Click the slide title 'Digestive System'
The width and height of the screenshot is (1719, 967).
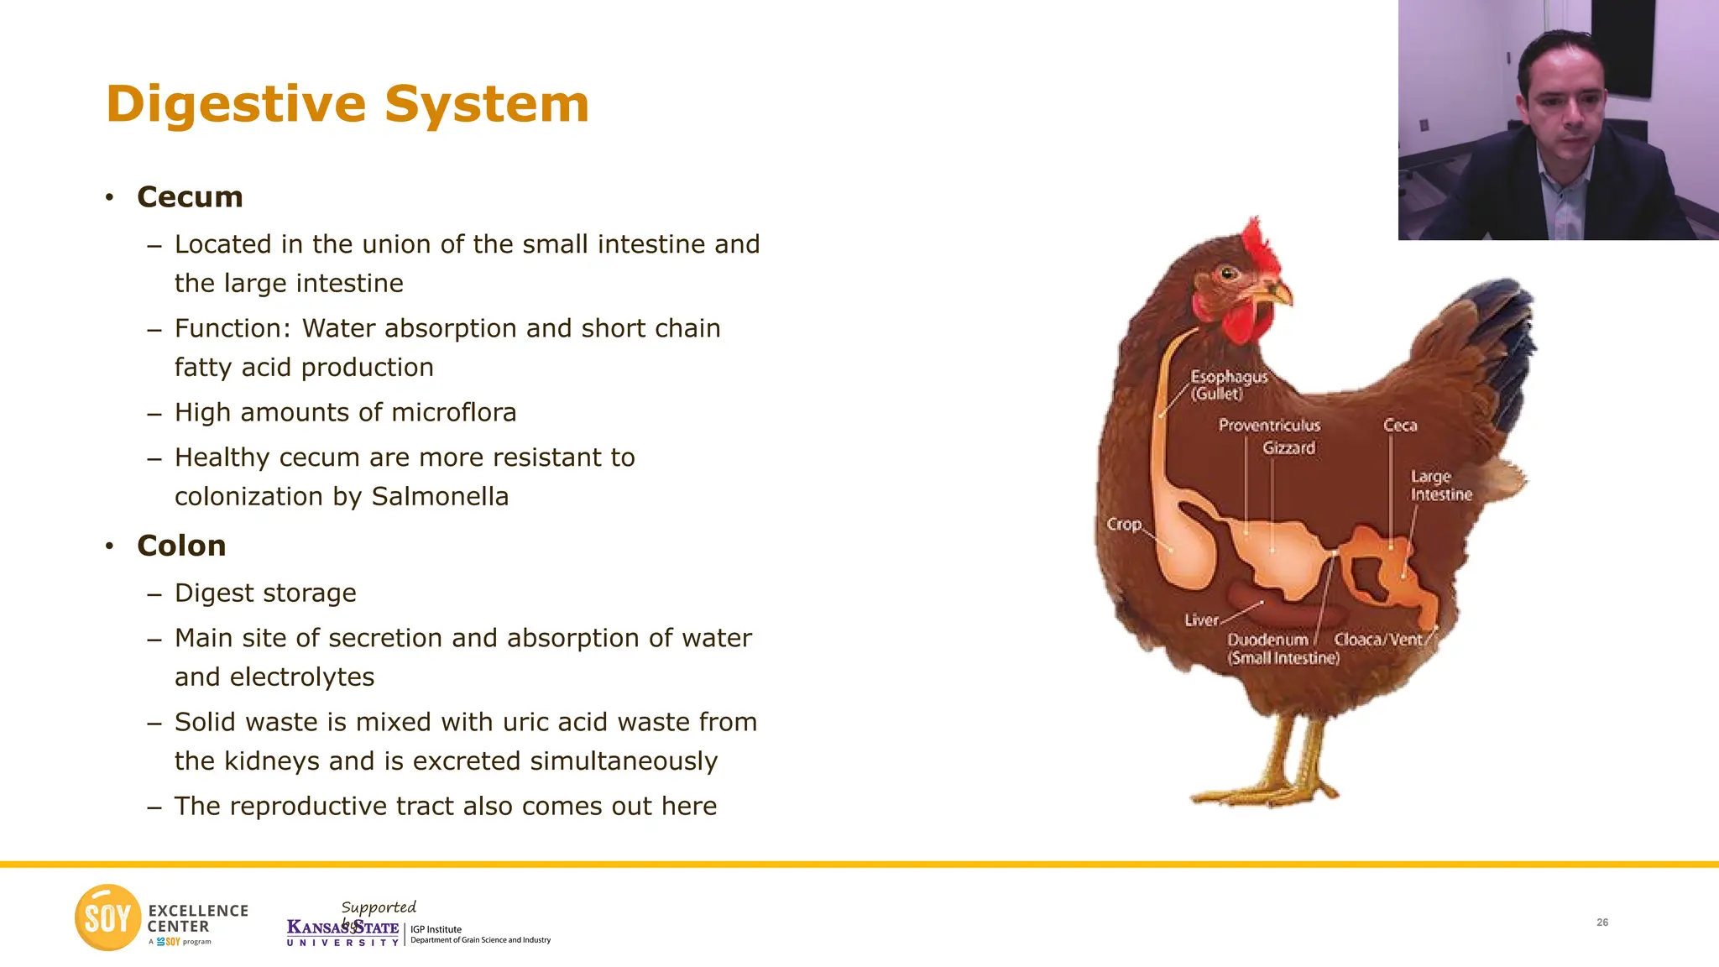(347, 104)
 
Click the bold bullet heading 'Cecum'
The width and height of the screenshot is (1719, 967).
(190, 197)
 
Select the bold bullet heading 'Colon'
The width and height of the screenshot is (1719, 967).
(181, 546)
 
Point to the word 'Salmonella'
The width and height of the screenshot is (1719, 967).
(440, 497)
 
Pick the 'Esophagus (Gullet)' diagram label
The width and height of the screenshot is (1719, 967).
(1228, 385)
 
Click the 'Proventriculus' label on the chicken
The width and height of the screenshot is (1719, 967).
(1269, 426)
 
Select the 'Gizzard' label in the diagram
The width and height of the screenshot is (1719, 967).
(1288, 448)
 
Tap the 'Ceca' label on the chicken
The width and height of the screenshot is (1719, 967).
(1400, 426)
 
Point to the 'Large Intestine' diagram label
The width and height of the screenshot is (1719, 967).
(1440, 486)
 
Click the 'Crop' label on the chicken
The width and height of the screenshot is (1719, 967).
(1124, 524)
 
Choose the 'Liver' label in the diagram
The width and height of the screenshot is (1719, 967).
(1201, 620)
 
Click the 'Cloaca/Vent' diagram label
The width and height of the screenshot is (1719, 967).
(1378, 640)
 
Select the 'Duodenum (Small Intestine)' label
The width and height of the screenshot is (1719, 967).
(1283, 649)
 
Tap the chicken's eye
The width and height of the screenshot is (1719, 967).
(1228, 273)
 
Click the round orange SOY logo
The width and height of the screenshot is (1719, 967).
(107, 917)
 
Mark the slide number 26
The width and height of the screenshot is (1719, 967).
(1602, 923)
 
